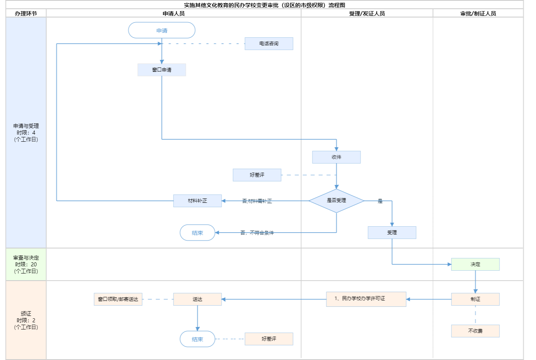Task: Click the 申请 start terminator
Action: tap(162, 31)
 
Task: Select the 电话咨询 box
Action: tap(269, 44)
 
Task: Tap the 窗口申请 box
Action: tap(162, 70)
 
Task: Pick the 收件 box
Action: tap(336, 157)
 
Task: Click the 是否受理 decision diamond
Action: tap(336, 201)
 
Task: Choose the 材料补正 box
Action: tap(197, 201)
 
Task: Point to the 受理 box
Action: tap(392, 233)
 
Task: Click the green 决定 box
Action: tap(475, 264)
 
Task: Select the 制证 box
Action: tap(475, 299)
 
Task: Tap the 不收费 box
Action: tap(475, 331)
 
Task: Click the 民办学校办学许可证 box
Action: tap(366, 299)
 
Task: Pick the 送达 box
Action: tap(197, 299)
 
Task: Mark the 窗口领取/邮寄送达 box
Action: tap(118, 299)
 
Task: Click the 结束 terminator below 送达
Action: tap(197, 339)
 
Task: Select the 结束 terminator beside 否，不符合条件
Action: tap(197, 233)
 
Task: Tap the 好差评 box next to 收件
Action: tap(257, 175)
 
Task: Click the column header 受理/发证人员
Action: tap(367, 13)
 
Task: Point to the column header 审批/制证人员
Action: tap(478, 13)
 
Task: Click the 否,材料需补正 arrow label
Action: tap(257, 201)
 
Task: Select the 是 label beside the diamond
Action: tap(380, 201)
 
